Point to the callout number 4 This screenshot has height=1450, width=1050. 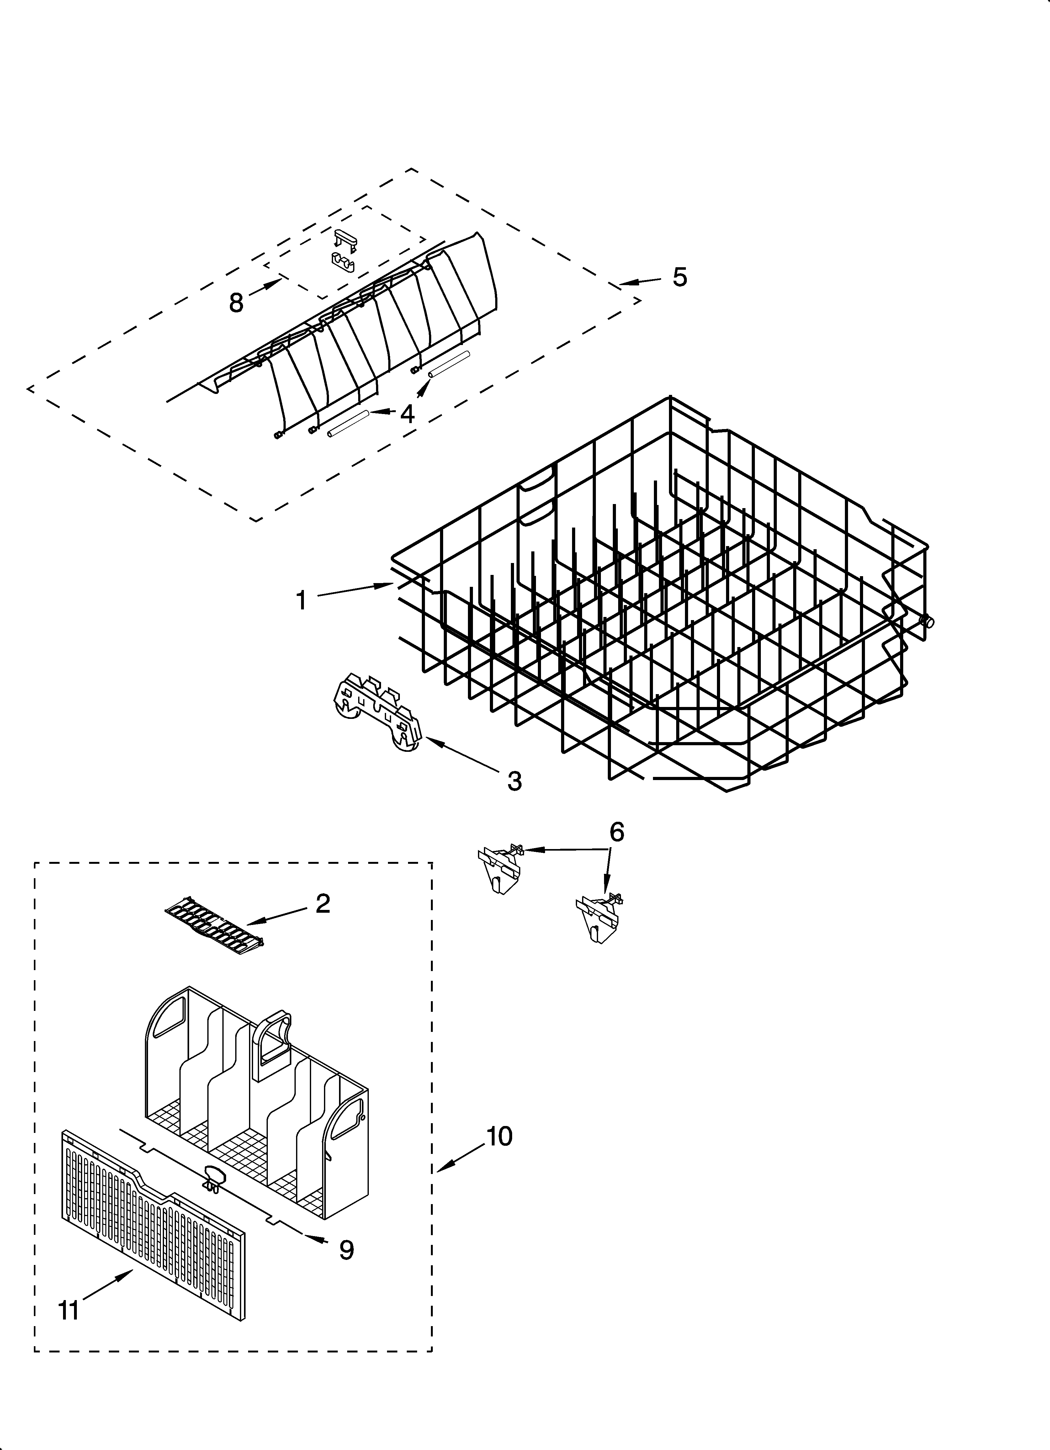click(407, 414)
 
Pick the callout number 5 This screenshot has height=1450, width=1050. click(680, 277)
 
